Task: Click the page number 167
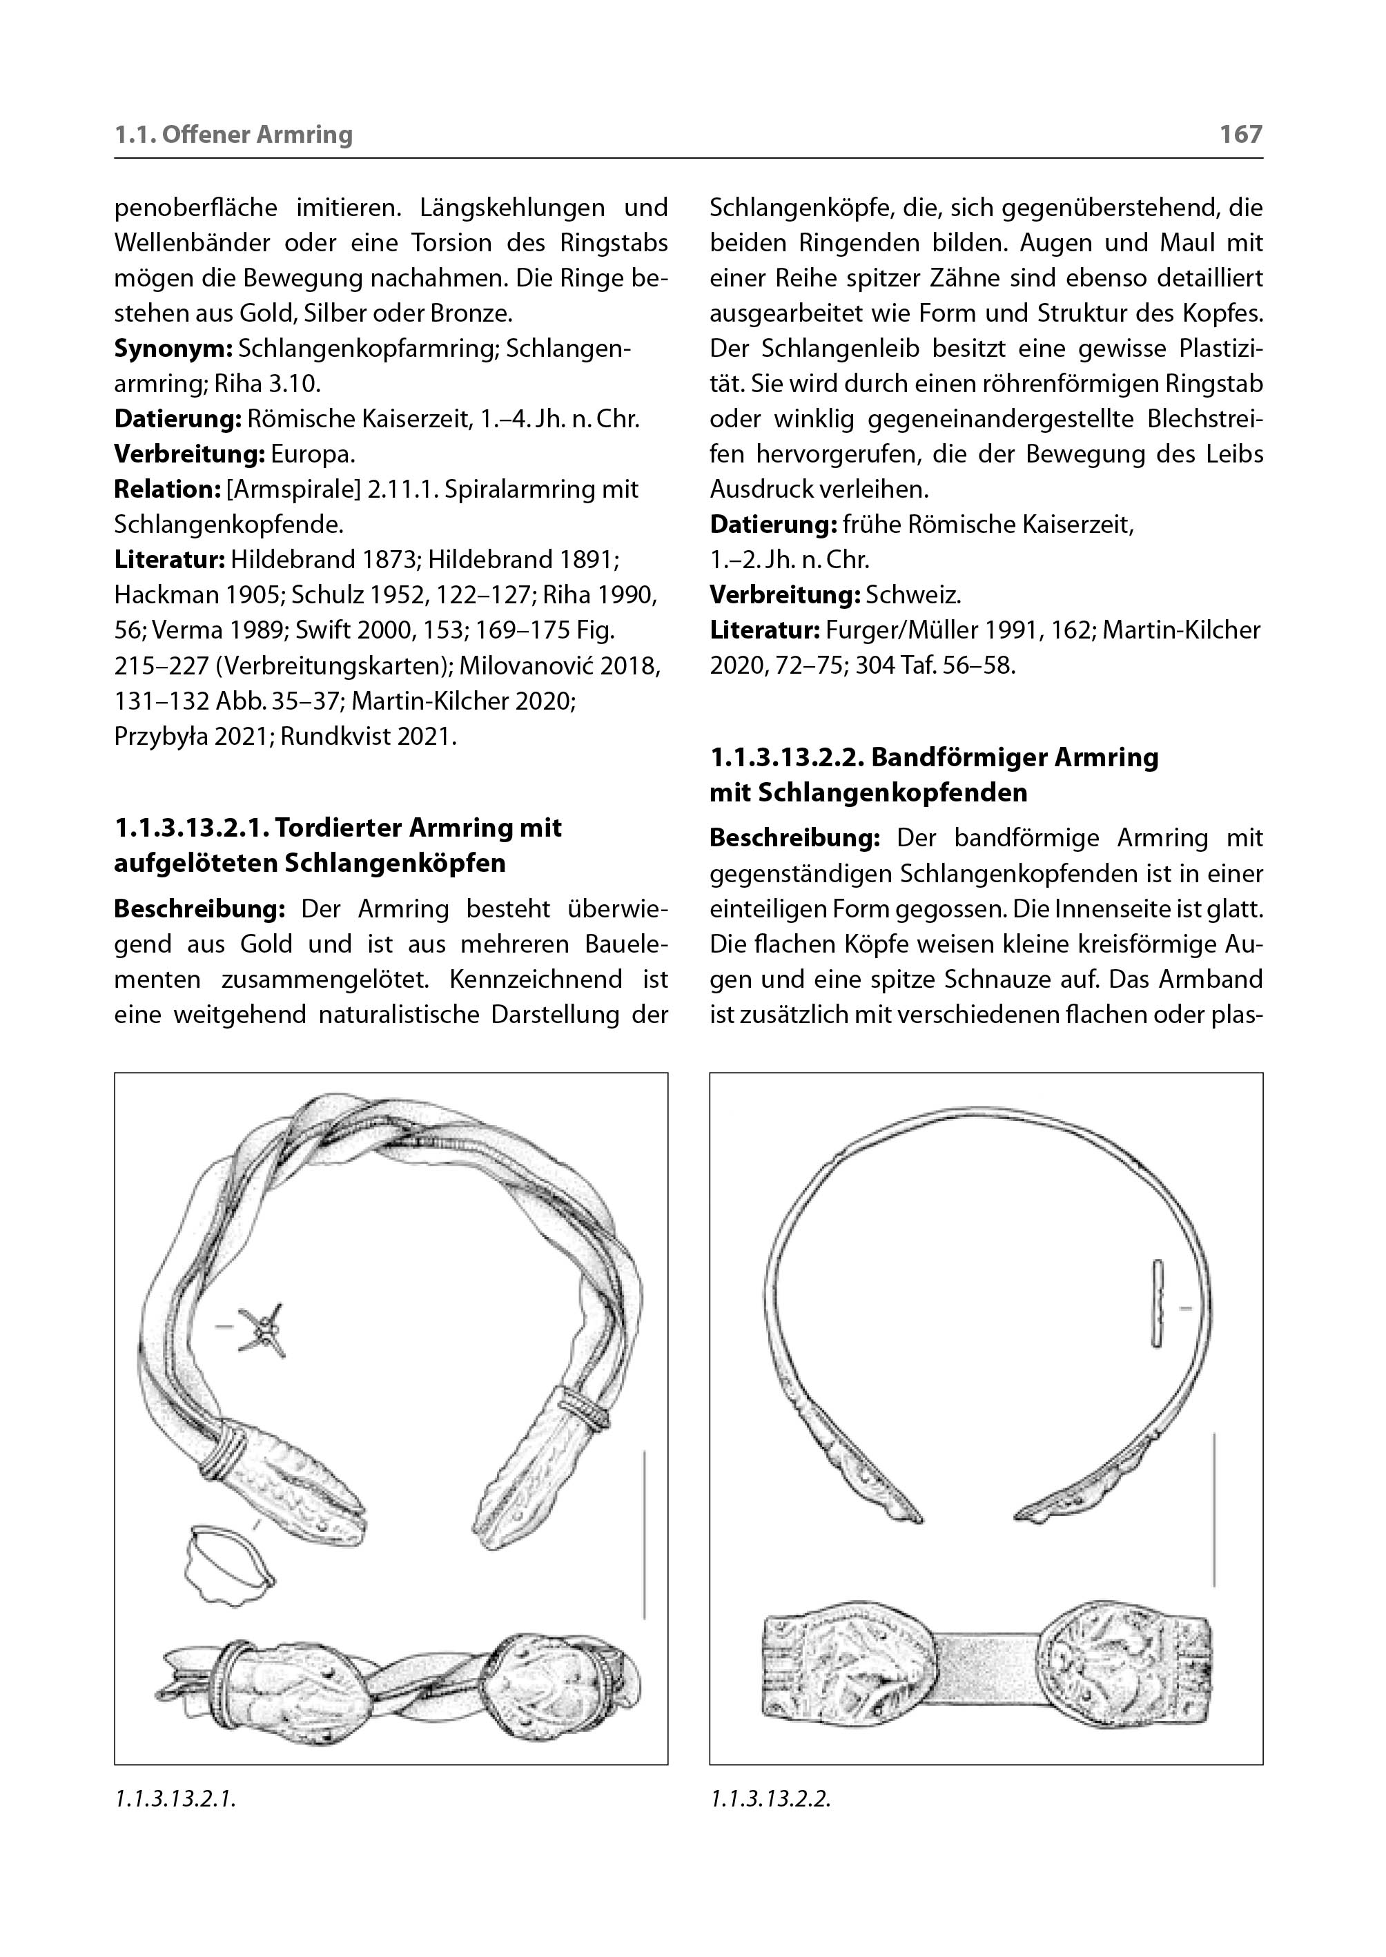[1240, 134]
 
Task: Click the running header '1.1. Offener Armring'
[233, 134]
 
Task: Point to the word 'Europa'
[310, 454]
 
